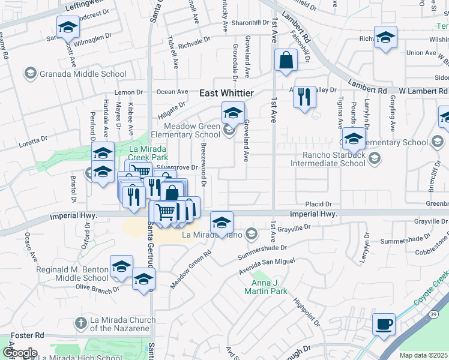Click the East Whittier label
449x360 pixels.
point(226,93)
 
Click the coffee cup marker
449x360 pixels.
point(384,326)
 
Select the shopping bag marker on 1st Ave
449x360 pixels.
point(286,61)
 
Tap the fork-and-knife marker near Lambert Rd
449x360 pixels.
point(304,97)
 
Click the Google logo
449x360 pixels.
point(20,352)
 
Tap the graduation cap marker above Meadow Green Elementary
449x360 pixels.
point(233,112)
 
